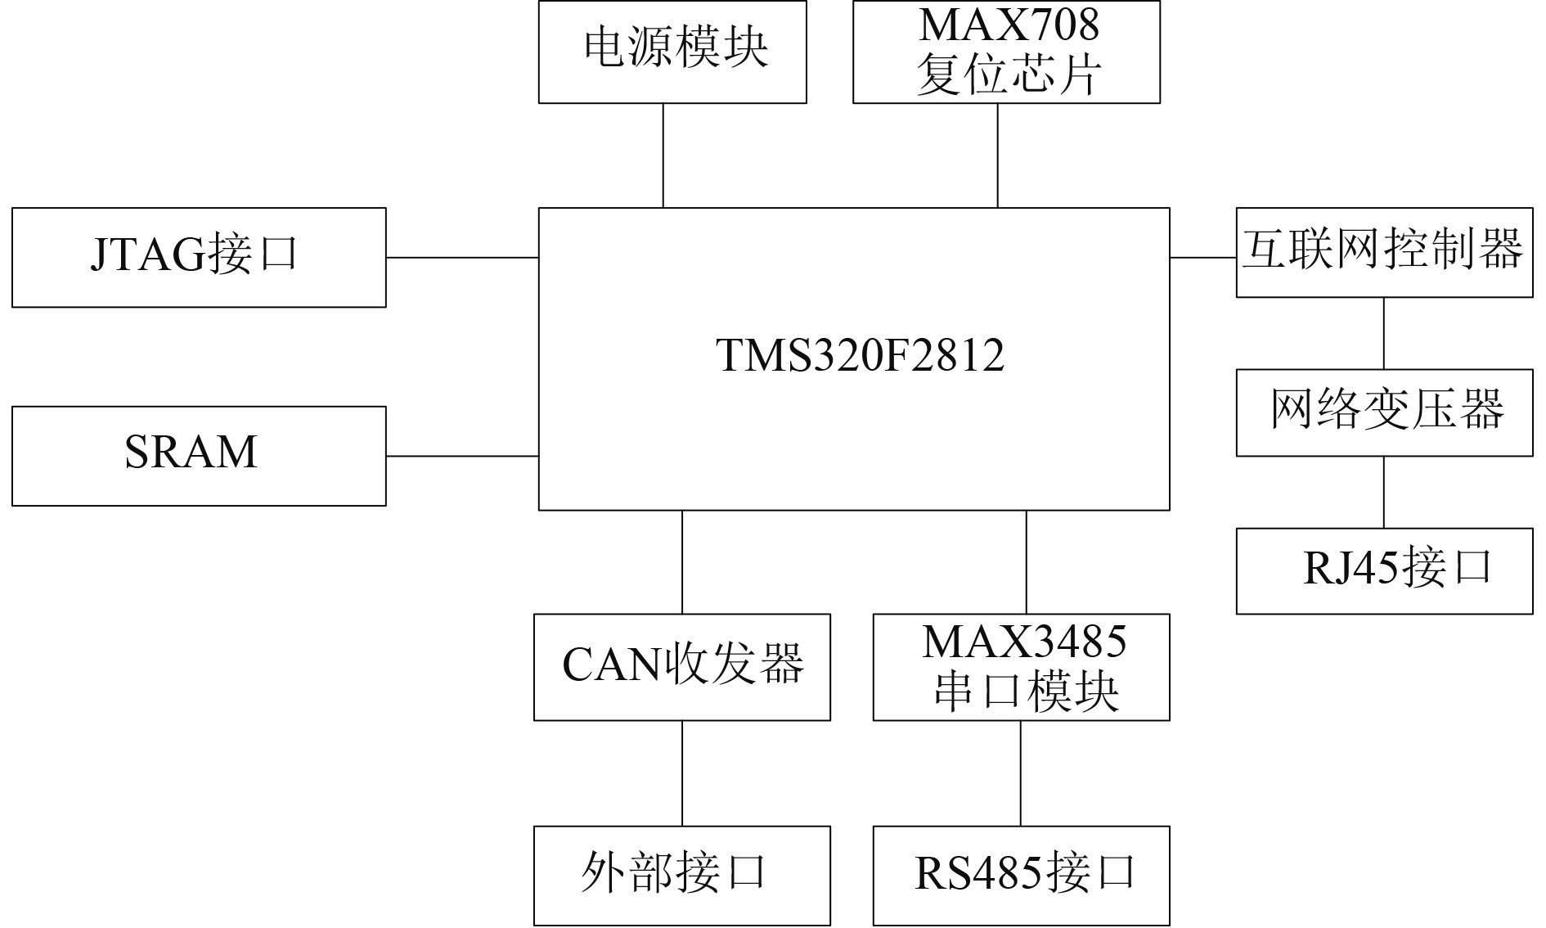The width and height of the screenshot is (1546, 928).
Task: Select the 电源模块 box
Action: coord(672,52)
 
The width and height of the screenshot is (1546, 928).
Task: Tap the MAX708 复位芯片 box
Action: coord(1006,52)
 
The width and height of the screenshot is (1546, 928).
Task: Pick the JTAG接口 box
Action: coord(199,257)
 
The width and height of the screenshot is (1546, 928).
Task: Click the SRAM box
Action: coord(199,456)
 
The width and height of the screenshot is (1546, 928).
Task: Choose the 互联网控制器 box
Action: coord(1384,252)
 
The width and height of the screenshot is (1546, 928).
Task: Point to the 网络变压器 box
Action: coord(1384,412)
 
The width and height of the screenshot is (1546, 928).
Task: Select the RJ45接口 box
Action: coord(1384,570)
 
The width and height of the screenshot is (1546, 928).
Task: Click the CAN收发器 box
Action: coord(682,667)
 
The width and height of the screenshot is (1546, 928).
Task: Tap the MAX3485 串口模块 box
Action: coord(1021,667)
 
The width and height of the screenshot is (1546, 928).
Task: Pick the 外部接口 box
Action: coord(682,875)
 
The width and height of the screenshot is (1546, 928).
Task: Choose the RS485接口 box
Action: coord(1021,875)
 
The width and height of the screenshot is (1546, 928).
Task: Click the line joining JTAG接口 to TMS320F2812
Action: coord(462,257)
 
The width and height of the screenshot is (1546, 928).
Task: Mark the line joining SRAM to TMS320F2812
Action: coord(462,456)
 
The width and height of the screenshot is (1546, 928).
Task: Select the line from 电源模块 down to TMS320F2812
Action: coord(663,155)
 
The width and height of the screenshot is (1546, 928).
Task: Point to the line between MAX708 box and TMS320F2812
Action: coord(997,155)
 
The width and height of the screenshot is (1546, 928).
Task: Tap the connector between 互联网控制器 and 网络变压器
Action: coord(1384,333)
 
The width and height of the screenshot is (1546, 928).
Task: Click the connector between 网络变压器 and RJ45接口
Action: coord(1384,492)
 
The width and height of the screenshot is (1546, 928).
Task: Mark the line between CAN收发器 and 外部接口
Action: coord(682,773)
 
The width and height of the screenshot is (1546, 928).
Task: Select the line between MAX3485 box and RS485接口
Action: coord(1021,773)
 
